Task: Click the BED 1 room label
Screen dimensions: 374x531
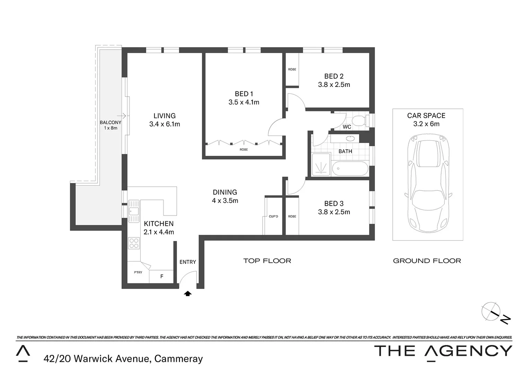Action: pos(244,94)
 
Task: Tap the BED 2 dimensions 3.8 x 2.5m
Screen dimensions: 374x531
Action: pos(334,85)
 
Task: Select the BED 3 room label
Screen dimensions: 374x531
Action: pos(334,204)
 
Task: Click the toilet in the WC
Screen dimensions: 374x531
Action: pos(360,121)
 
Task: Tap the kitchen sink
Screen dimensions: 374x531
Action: pos(133,211)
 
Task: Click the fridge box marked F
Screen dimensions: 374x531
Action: pos(162,276)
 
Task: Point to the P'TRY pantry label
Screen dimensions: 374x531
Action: pos(138,273)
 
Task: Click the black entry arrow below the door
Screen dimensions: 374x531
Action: pos(188,294)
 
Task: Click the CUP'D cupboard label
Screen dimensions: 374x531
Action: pos(273,216)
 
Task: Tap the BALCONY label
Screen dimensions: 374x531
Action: pos(110,123)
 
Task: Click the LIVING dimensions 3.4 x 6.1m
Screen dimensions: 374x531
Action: pos(165,124)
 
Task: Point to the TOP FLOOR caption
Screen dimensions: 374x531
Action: pos(267,261)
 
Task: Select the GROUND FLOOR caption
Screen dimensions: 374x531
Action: pos(427,261)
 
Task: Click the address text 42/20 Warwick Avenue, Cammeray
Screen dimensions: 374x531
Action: pos(123,359)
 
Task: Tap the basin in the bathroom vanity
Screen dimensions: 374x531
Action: pos(350,139)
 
